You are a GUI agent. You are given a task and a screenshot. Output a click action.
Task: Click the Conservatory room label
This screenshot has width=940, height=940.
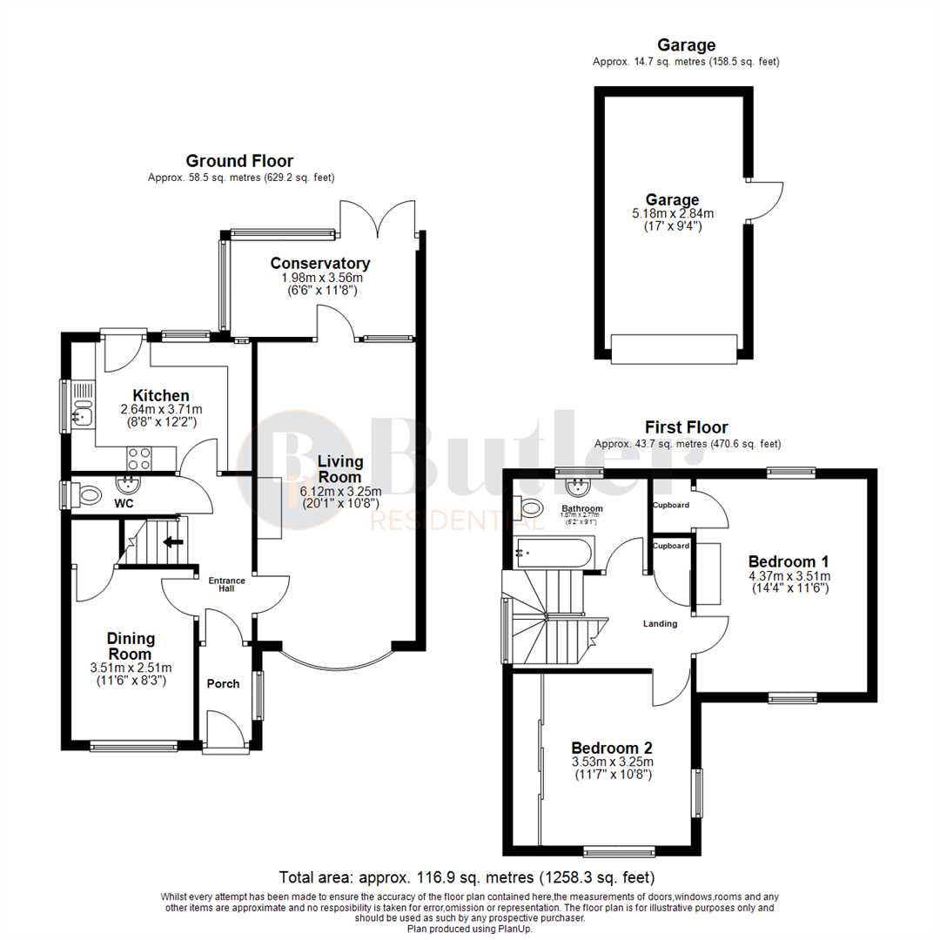point(320,263)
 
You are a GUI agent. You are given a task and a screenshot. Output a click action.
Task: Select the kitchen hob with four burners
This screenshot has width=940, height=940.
point(139,456)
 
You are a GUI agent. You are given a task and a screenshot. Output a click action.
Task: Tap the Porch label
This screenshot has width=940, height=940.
point(223,683)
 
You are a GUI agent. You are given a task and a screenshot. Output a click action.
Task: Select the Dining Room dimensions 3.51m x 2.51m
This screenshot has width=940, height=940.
point(131,668)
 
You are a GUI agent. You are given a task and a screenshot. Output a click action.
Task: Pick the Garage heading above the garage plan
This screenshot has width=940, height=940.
point(686,45)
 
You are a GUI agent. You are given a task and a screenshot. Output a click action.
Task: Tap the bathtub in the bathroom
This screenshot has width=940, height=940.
point(554,551)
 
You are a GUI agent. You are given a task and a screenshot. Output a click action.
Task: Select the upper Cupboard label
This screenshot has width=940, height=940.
point(671,505)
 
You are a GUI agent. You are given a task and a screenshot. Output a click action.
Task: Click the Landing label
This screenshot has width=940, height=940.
point(660,623)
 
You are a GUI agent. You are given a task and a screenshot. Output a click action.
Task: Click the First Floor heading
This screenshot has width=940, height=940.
point(686,427)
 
